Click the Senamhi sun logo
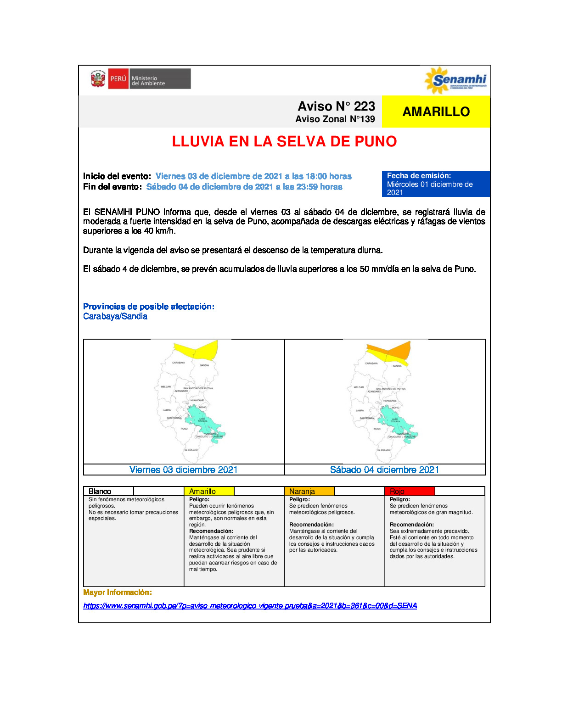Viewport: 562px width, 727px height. click(x=437, y=80)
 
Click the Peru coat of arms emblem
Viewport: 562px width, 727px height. click(x=98, y=79)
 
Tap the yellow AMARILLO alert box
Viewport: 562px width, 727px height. click(x=436, y=112)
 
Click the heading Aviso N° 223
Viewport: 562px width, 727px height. click(x=336, y=106)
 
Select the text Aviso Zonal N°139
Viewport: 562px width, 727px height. click(x=335, y=119)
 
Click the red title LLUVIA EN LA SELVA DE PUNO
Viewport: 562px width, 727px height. click(x=284, y=141)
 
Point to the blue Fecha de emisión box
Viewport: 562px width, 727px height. click(x=435, y=184)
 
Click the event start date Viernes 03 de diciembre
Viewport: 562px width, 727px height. click(x=253, y=176)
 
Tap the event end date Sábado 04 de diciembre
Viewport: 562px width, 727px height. click(x=244, y=187)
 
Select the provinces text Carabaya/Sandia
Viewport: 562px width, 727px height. click(x=115, y=316)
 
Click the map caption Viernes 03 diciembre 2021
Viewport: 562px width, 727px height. click(x=184, y=470)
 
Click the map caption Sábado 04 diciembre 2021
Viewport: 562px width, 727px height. click(x=384, y=470)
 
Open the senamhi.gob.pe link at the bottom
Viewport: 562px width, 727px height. click(x=250, y=606)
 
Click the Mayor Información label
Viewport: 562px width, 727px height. click(x=118, y=593)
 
